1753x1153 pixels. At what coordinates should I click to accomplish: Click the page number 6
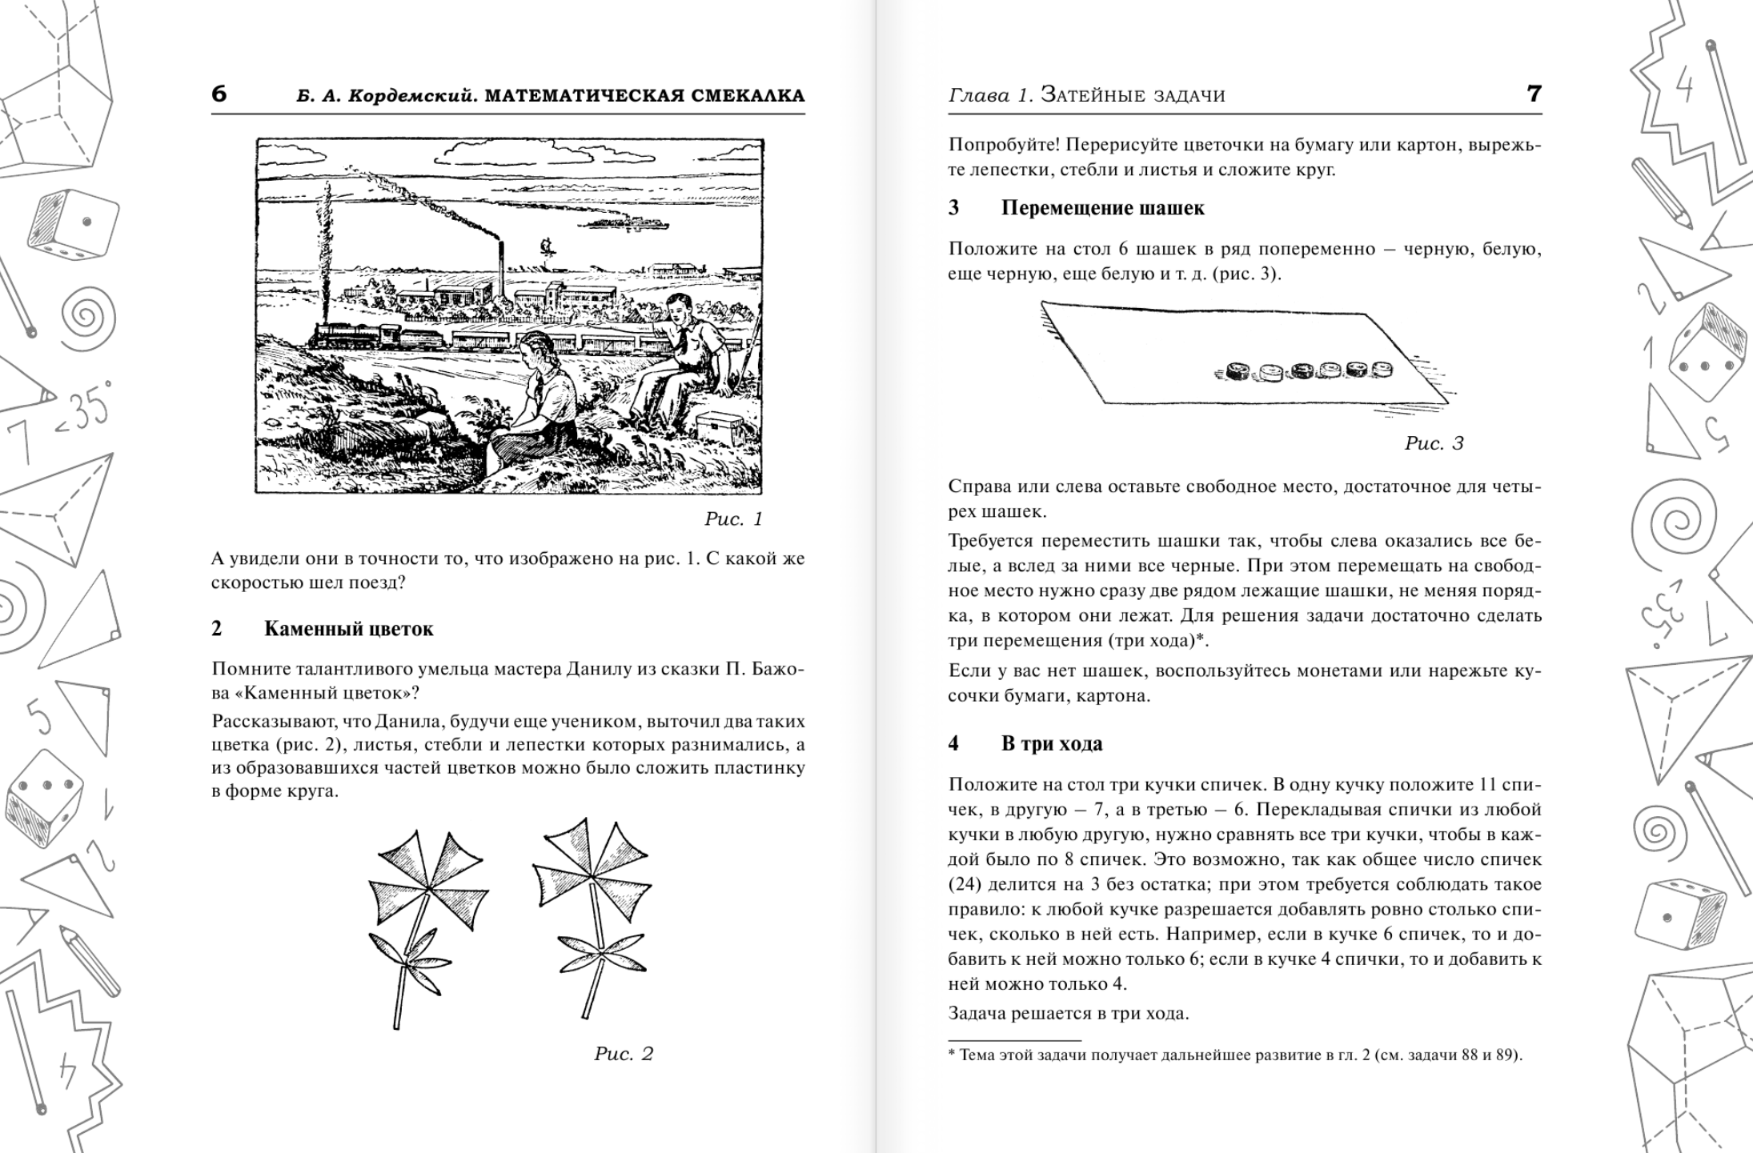point(219,94)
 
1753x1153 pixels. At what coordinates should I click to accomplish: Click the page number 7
point(1534,94)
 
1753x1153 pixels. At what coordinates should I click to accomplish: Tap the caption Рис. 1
point(733,519)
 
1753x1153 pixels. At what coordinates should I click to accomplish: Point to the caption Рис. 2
point(624,1054)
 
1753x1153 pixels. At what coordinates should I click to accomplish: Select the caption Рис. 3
point(1434,443)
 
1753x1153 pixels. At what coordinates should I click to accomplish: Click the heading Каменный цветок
point(348,629)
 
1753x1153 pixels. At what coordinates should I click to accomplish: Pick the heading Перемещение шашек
point(1102,208)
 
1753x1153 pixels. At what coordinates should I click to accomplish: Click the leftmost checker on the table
point(1238,370)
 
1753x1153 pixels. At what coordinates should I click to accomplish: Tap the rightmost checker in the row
point(1382,370)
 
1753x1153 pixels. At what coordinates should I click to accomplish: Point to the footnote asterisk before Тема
point(952,1053)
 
